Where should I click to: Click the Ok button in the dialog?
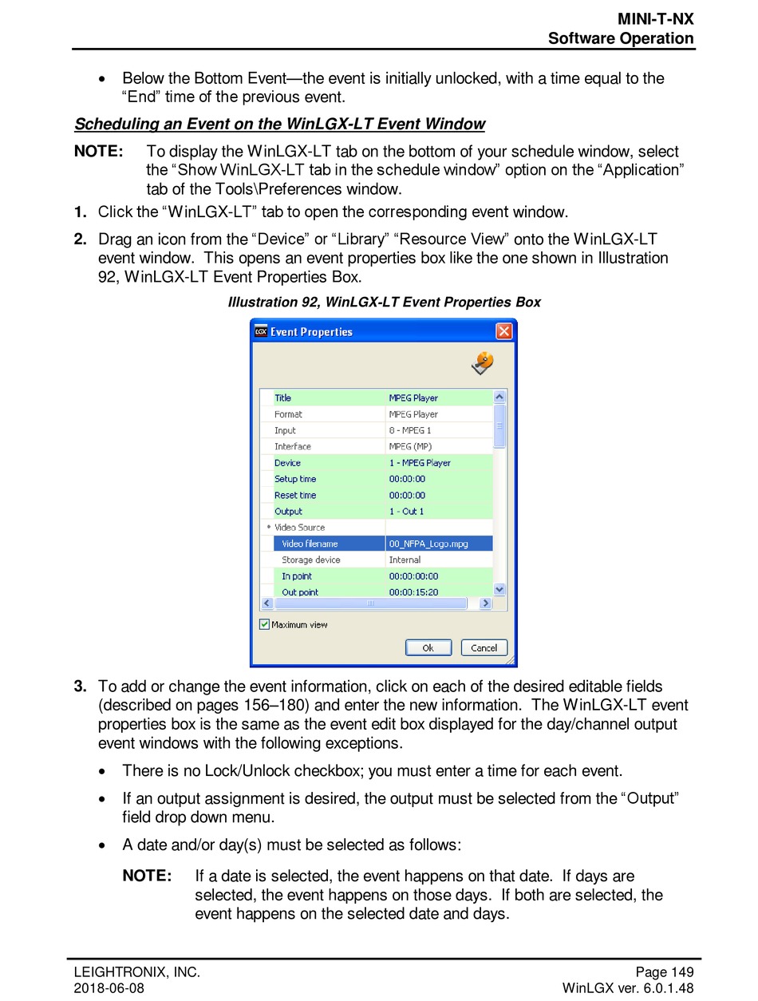428,648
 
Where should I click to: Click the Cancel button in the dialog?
484,648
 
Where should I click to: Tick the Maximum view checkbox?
265,625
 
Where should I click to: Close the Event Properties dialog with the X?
503,331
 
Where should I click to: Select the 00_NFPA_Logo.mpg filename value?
428,544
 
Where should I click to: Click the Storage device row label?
310,560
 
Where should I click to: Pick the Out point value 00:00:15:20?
413,592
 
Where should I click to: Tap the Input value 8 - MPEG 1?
410,430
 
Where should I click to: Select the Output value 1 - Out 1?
406,511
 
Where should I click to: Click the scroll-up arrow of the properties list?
499,397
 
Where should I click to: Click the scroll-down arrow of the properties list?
499,589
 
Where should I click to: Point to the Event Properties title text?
311,332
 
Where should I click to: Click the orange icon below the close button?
483,363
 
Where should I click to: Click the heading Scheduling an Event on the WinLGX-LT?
279,124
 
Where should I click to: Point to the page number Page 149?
664,972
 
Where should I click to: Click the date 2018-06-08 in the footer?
109,988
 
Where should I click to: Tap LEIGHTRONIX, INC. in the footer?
136,972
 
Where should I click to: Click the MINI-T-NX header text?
655,19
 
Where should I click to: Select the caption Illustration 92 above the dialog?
384,302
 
